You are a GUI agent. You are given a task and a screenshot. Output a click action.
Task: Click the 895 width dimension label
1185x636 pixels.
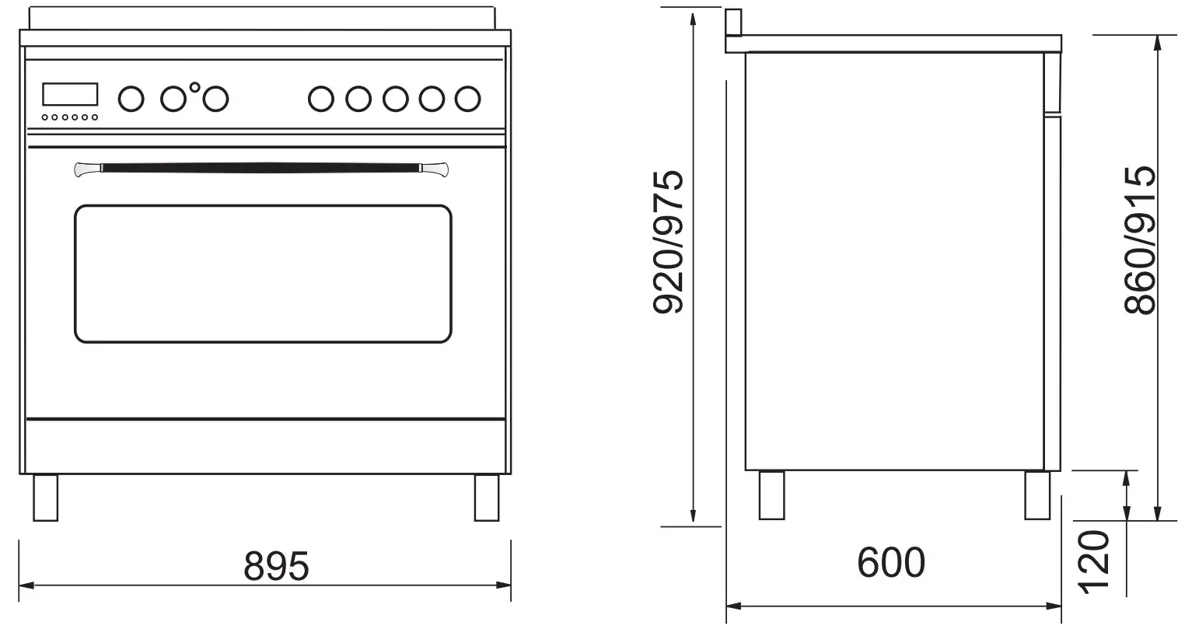click(x=276, y=566)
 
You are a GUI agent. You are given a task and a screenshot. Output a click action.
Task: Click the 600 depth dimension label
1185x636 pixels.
click(x=891, y=562)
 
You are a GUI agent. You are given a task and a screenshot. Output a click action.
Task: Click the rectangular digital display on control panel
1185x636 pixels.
click(x=70, y=94)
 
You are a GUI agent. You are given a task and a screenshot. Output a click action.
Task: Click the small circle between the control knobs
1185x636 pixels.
click(x=194, y=87)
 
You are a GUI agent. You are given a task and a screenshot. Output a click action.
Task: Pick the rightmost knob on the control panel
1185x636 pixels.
click(x=467, y=99)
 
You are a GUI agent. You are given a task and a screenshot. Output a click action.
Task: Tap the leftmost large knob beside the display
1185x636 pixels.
click(x=131, y=99)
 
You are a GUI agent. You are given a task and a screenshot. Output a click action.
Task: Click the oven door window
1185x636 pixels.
click(x=263, y=274)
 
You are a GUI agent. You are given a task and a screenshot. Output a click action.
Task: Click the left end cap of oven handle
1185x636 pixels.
click(x=88, y=169)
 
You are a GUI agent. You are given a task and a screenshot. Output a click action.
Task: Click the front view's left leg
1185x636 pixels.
click(x=45, y=498)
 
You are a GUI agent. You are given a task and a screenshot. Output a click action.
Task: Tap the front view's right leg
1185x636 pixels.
click(x=487, y=498)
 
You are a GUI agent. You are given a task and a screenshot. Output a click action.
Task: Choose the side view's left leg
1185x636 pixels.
click(x=771, y=495)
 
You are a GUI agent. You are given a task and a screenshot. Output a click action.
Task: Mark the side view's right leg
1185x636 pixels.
click(x=1037, y=495)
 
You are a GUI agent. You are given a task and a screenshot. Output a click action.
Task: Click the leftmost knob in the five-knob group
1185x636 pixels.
click(x=321, y=99)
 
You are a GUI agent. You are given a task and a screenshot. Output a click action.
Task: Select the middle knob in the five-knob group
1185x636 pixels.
click(x=395, y=99)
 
